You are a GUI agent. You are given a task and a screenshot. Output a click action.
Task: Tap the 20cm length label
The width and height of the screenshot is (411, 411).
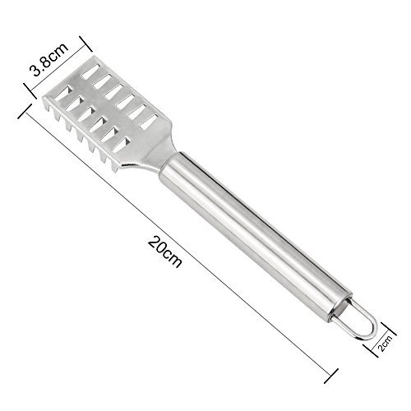coord(164,252)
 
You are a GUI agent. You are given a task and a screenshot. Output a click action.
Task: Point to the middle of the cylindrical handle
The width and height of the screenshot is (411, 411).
coord(256,233)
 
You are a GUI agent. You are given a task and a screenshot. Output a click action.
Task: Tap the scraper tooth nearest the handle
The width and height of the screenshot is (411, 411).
coord(115,169)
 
